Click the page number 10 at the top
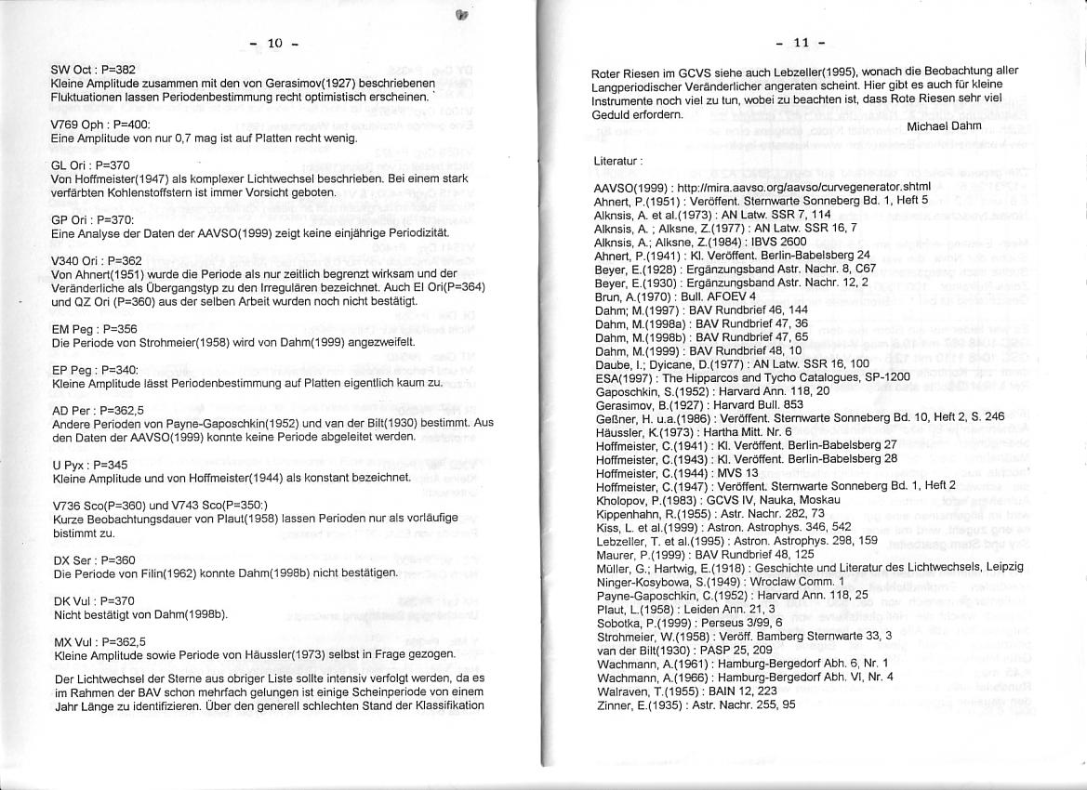(274, 43)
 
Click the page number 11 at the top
(801, 43)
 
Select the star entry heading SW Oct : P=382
(93, 70)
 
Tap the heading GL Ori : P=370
(89, 165)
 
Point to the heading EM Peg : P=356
(94, 328)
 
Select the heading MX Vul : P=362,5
(99, 641)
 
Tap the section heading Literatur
(617, 161)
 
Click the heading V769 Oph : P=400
(99, 124)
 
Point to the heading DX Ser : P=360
(93, 560)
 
